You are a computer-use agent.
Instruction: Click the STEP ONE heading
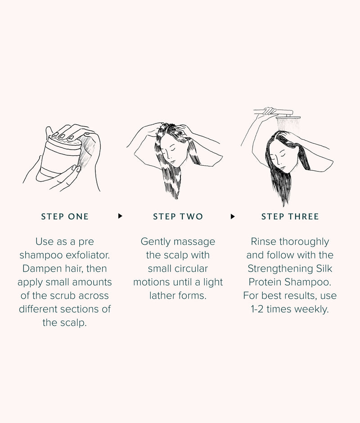65,217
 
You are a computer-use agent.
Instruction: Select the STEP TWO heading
178,217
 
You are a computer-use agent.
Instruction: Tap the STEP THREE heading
290,217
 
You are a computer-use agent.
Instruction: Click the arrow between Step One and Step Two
120,216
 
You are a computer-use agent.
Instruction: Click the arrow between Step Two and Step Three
233,216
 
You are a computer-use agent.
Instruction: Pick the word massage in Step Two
194,241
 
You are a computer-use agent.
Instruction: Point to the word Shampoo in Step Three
308,282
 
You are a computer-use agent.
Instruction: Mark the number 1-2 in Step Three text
257,309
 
